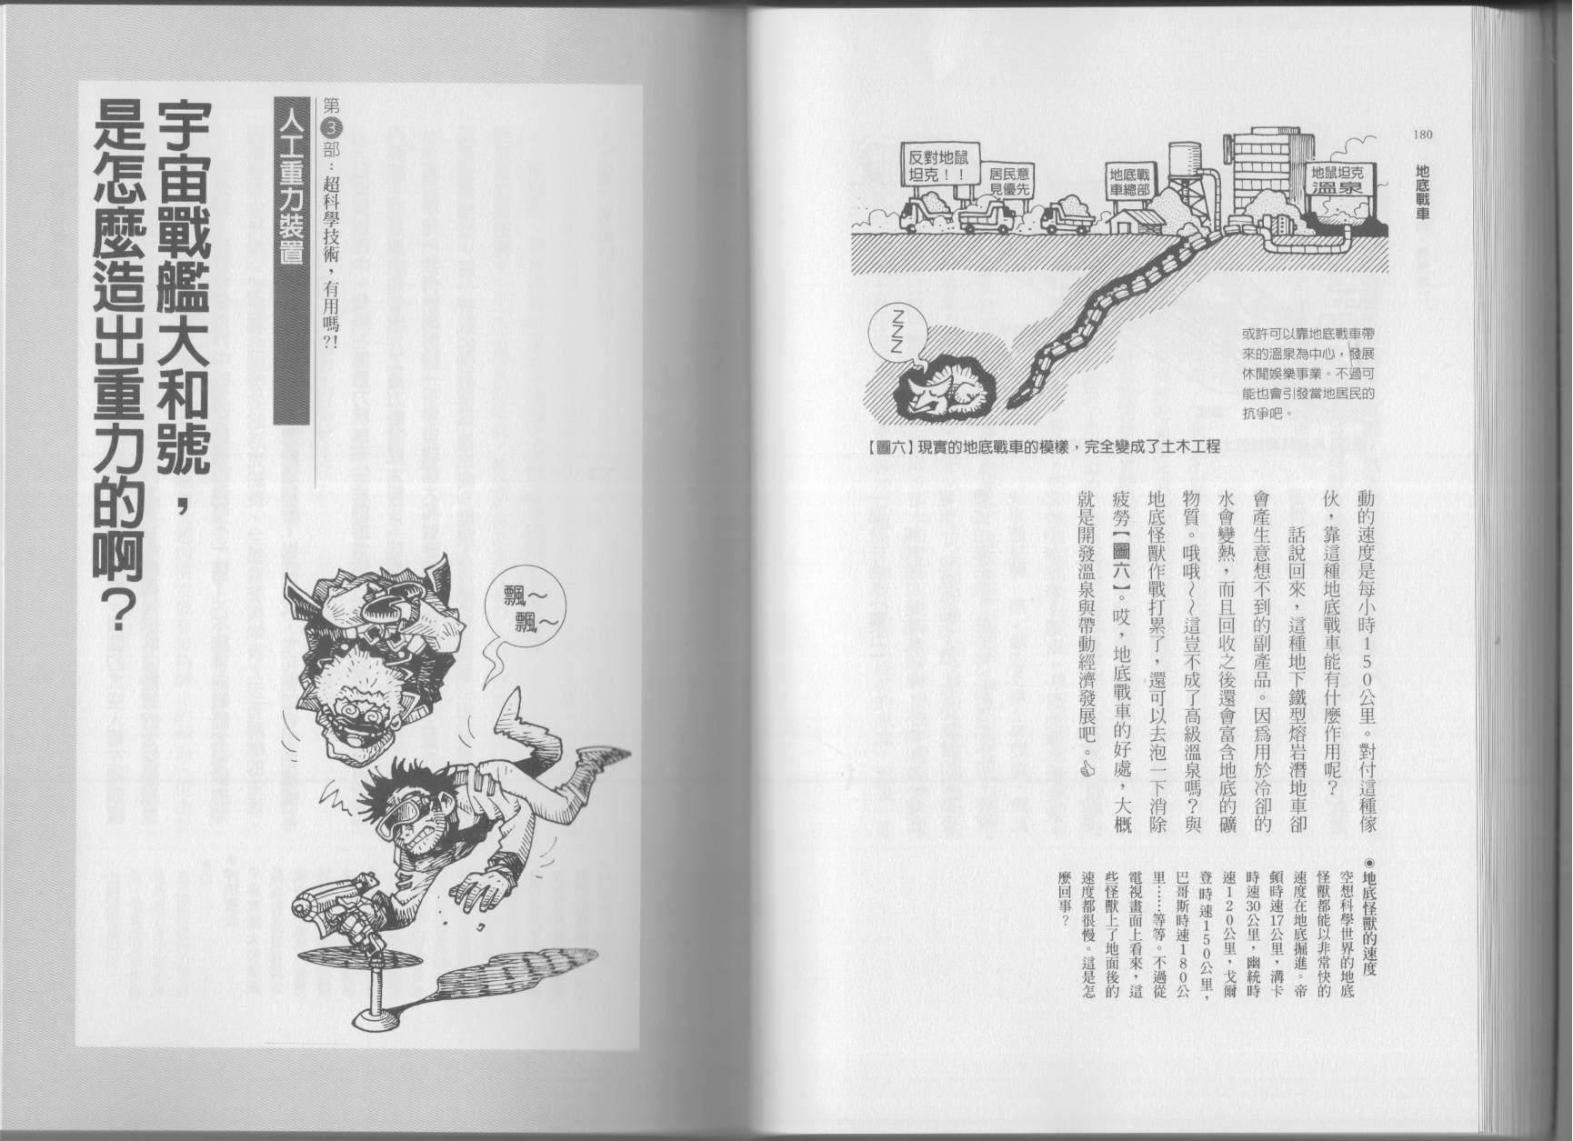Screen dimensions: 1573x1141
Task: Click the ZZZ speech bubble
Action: [x=897, y=331]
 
